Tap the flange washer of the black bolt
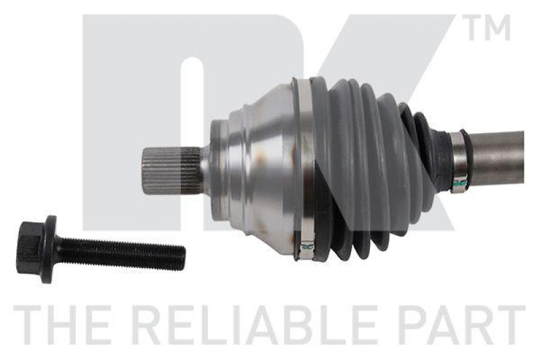[48, 249]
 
